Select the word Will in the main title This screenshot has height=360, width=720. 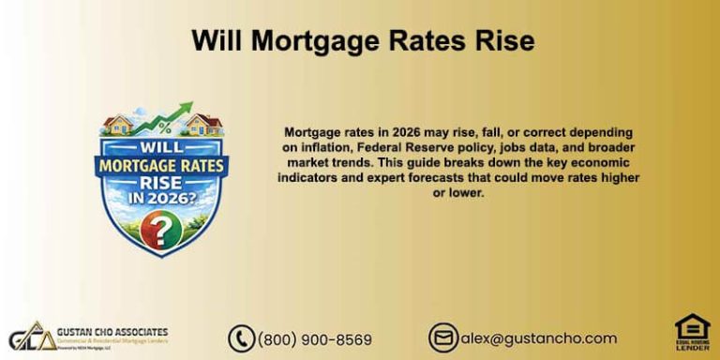click(218, 41)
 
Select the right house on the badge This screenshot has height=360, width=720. click(202, 124)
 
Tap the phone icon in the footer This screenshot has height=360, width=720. click(241, 338)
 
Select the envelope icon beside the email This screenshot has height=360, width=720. click(442, 338)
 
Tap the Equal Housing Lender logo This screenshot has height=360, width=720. click(692, 333)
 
